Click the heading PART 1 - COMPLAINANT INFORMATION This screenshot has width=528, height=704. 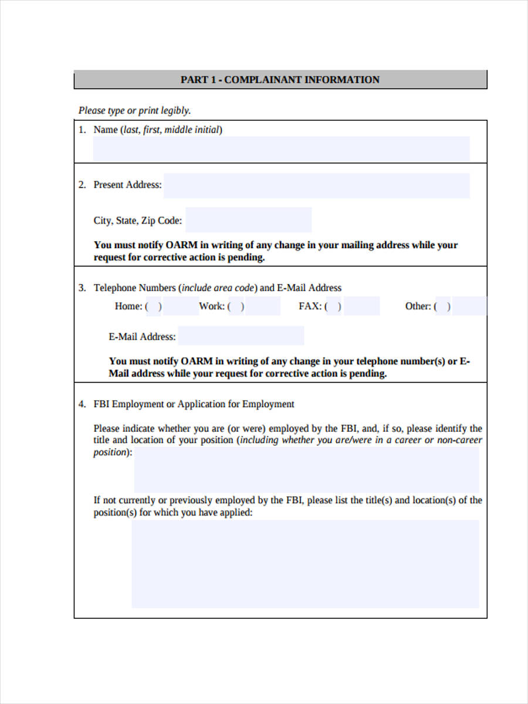[x=280, y=80]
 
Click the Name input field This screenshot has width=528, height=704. [x=281, y=149]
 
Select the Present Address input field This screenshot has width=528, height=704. [x=316, y=185]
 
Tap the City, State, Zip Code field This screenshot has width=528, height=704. [x=248, y=220]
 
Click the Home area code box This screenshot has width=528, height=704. [x=154, y=306]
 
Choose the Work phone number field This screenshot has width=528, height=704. [x=262, y=306]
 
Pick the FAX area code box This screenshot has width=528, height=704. [x=333, y=306]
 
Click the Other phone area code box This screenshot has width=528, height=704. [x=443, y=306]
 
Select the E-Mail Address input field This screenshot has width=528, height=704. [x=241, y=336]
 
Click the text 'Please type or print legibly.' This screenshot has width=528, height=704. [x=135, y=110]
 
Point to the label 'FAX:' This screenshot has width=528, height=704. [x=310, y=306]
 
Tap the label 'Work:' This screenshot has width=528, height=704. [x=211, y=306]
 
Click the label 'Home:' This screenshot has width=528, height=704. [x=128, y=306]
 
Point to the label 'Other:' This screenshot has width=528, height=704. [x=418, y=306]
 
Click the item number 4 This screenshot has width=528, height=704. [x=82, y=404]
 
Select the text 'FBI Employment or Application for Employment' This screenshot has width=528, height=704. [x=194, y=404]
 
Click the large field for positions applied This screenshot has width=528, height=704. [x=305, y=563]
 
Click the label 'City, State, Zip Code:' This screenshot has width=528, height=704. [x=138, y=221]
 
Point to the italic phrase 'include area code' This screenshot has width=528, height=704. [x=218, y=288]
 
